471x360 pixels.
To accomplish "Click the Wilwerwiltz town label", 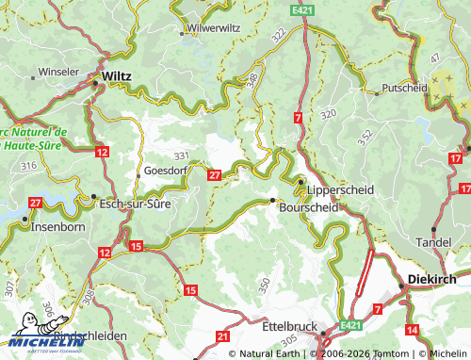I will pos(214,28).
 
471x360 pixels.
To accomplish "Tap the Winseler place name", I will pos(58,72).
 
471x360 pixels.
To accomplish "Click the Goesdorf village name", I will pos(166,171).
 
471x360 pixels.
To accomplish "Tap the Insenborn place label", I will pos(58,227).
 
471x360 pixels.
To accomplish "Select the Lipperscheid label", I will pos(340,189).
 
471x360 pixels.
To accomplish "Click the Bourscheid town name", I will pos(308,207).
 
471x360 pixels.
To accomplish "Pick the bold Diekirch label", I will pos(432,280).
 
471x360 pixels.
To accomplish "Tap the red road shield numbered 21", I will pos(222,335).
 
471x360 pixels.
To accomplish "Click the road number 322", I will pos(278,34).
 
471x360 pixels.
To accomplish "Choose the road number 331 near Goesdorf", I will pos(181,155).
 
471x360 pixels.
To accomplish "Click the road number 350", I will pos(265,283).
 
